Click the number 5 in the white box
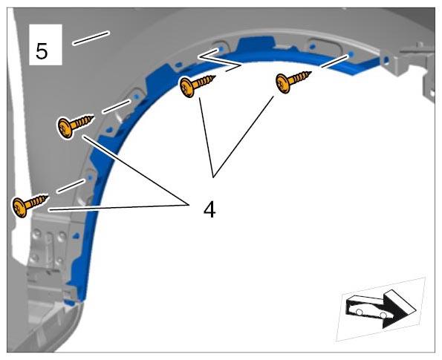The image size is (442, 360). coord(42,51)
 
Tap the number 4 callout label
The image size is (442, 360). coord(209,210)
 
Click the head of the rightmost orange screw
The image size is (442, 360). coord(283,83)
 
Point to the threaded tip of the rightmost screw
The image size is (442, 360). coord(310,73)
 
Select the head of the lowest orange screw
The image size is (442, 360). coord(20,208)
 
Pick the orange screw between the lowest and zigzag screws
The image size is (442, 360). coord(75,126)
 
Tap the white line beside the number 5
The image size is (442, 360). coord(91,38)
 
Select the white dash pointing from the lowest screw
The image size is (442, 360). coord(71,186)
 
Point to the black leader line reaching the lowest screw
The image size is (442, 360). coord(118,208)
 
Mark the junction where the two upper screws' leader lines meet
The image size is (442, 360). coord(213,177)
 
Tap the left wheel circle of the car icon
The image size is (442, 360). coord(359,312)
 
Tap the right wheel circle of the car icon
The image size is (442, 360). coord(383,315)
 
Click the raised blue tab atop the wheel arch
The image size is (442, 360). coord(256,44)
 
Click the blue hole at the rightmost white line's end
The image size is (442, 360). coord(351,53)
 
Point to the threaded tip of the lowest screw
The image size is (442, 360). coord(46,197)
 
